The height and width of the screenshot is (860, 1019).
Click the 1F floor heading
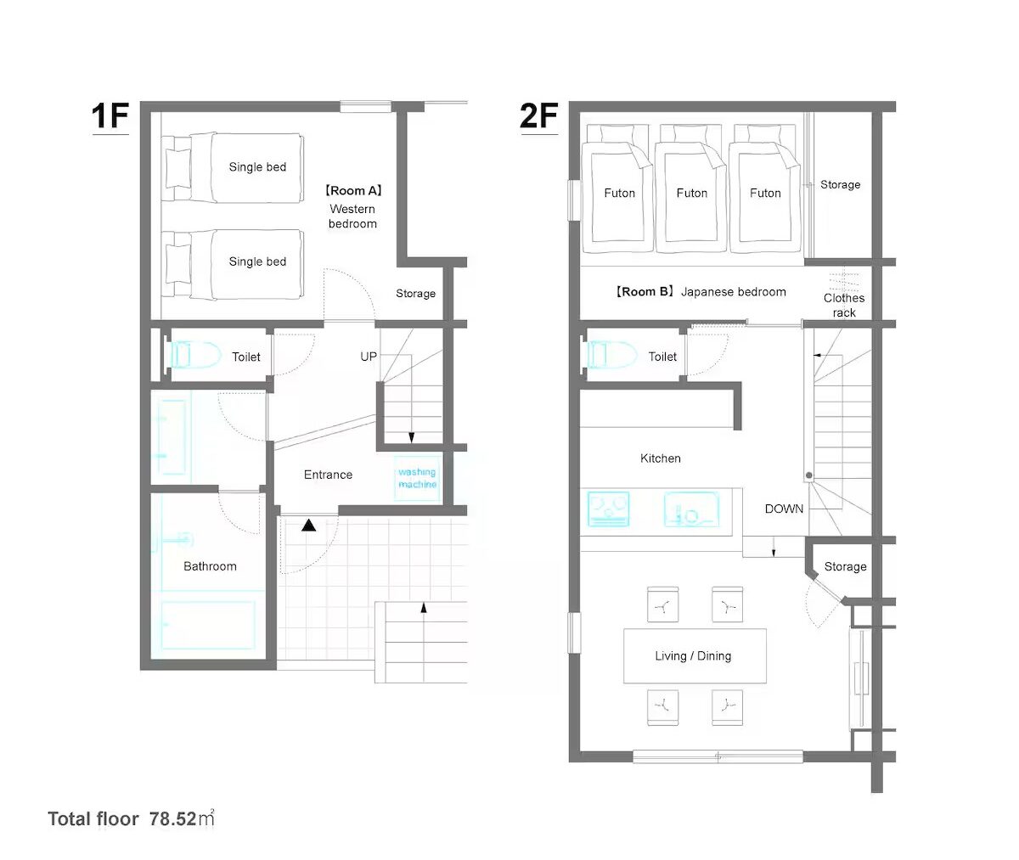click(110, 116)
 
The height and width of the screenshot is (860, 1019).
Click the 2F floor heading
click(538, 116)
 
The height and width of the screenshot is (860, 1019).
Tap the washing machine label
click(417, 478)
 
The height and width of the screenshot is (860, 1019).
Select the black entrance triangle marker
click(308, 526)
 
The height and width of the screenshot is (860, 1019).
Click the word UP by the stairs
click(369, 357)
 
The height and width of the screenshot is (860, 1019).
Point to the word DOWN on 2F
click(784, 509)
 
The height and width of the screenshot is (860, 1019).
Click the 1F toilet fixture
click(194, 355)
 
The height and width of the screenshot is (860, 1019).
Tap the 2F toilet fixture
click(612, 354)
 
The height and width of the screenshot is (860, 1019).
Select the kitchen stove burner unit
click(609, 509)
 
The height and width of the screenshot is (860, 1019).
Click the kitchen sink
click(691, 509)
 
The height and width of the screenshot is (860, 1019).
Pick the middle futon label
click(691, 194)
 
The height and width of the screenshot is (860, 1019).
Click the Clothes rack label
click(844, 305)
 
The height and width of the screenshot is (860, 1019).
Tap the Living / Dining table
click(695, 655)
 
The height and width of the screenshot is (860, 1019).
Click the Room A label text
click(353, 190)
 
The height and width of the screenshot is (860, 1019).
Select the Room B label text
click(645, 292)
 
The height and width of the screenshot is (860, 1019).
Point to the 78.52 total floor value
click(172, 819)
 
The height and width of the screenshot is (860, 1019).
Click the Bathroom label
click(210, 566)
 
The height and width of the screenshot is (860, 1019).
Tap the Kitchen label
click(661, 458)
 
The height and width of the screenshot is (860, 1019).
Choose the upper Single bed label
click(257, 167)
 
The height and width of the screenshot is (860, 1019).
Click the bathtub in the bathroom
click(208, 625)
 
